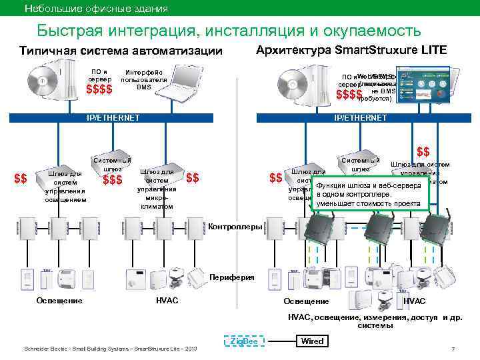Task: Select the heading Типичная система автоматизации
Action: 121,52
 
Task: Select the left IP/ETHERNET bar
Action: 113,117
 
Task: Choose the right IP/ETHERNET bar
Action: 360,117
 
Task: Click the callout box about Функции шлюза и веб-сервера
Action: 370,194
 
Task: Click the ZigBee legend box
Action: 243,341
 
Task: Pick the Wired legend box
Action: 313,341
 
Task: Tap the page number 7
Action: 453,349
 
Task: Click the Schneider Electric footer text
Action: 110,349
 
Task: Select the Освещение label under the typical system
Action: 59,301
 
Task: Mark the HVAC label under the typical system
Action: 166,301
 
